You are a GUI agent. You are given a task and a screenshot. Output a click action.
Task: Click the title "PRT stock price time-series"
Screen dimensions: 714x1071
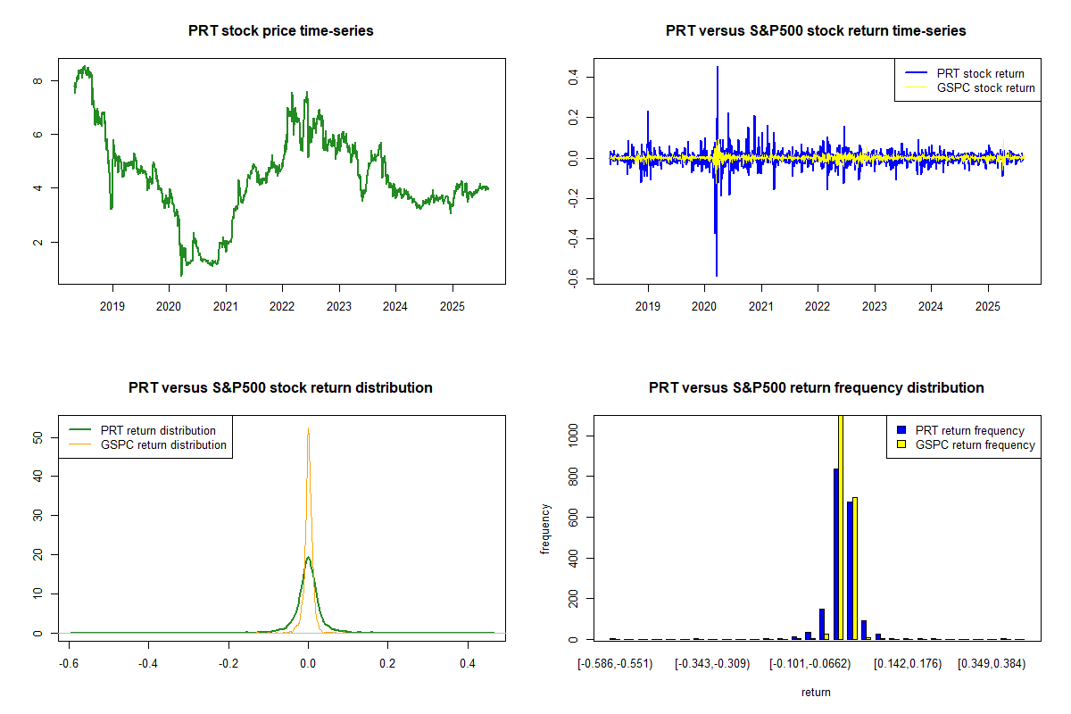coord(281,30)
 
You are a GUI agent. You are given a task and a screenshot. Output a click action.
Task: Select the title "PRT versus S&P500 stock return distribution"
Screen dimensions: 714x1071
coord(281,387)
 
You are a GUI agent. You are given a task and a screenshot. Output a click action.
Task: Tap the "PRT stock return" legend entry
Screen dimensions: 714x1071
coord(979,73)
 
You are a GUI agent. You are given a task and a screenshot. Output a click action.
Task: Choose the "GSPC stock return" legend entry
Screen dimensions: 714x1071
coord(985,87)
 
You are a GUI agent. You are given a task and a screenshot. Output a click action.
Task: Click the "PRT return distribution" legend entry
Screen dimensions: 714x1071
coord(159,430)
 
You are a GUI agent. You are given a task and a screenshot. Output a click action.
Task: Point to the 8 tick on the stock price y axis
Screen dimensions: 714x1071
coord(37,81)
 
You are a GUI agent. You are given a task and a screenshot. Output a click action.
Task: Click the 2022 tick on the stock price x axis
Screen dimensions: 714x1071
coord(282,305)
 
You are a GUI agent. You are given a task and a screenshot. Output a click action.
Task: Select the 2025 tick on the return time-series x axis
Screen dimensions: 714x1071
coord(988,305)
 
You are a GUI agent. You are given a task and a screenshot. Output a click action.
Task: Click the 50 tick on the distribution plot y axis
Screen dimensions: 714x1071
coord(37,436)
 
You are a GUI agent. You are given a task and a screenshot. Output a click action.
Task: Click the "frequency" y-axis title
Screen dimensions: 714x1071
coord(545,528)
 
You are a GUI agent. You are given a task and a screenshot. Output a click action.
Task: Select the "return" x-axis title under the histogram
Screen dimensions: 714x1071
coord(816,692)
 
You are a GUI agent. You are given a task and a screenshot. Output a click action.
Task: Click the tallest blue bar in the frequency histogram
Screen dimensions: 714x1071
coord(836,553)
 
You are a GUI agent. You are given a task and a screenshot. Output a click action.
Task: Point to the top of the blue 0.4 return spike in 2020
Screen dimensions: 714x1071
coord(717,67)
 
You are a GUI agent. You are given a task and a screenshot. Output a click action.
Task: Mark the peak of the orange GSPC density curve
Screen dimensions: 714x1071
coord(308,429)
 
